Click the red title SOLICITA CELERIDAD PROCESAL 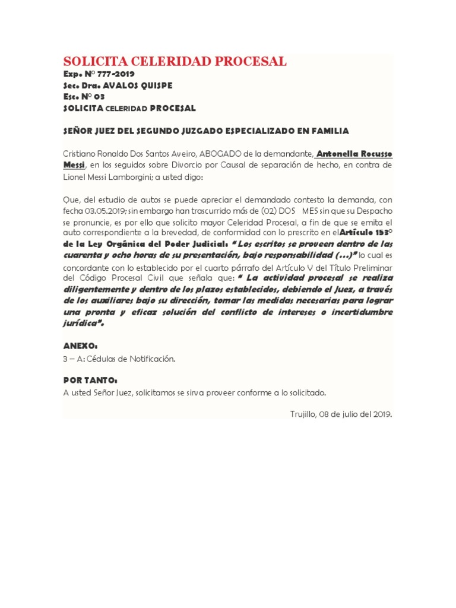coord(175,61)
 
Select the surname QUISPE coord(153,85)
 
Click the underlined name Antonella coord(340,154)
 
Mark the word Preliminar coord(369,267)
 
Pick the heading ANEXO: coord(80,346)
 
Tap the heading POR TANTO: coord(90,380)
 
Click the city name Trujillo coord(302,414)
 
